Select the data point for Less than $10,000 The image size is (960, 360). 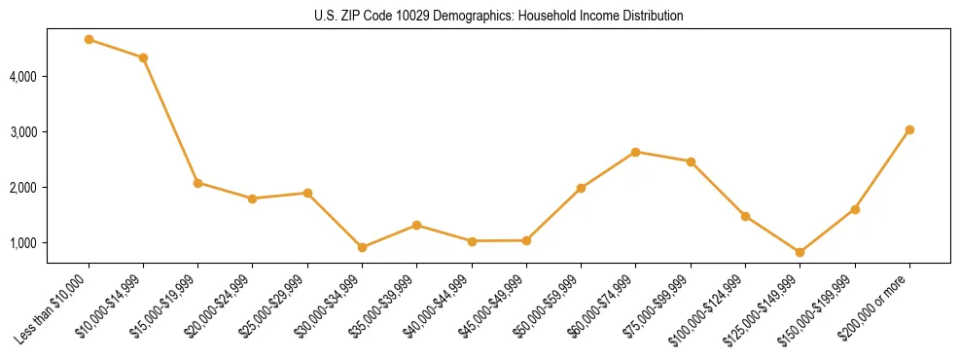click(89, 40)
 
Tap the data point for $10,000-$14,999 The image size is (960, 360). click(143, 57)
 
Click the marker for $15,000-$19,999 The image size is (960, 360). click(198, 183)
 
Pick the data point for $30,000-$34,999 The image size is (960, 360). click(362, 247)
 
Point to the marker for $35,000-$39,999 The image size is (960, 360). click(417, 225)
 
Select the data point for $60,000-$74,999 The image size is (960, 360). click(635, 152)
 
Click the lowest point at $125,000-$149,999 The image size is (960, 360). click(800, 252)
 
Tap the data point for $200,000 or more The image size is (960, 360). click(909, 129)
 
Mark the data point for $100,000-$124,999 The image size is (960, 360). click(745, 216)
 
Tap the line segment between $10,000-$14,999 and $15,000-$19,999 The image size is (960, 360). click(171, 121)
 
